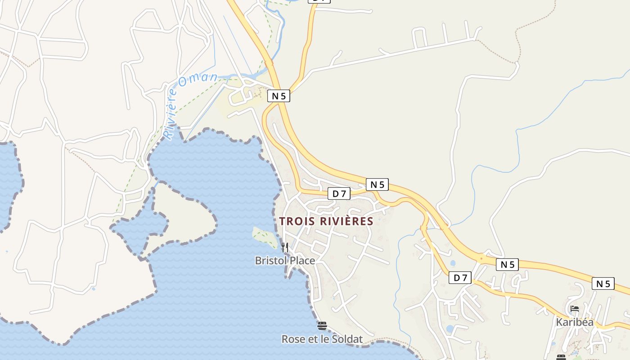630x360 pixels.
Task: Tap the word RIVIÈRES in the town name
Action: (x=347, y=221)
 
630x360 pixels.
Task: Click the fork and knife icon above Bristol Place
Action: (x=284, y=247)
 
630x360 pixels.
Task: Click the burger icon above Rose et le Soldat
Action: (x=322, y=326)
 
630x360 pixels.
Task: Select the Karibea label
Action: (x=575, y=322)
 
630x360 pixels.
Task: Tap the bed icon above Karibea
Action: (x=575, y=309)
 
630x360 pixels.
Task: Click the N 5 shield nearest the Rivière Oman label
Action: (x=279, y=96)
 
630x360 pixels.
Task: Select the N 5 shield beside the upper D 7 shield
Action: (x=377, y=184)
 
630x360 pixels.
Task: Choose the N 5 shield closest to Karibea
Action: (x=603, y=283)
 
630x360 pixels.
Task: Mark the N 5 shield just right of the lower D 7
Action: (x=507, y=265)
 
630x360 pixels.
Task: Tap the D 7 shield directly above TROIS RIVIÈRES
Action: (x=339, y=194)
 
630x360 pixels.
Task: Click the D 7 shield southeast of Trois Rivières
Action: (x=460, y=278)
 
